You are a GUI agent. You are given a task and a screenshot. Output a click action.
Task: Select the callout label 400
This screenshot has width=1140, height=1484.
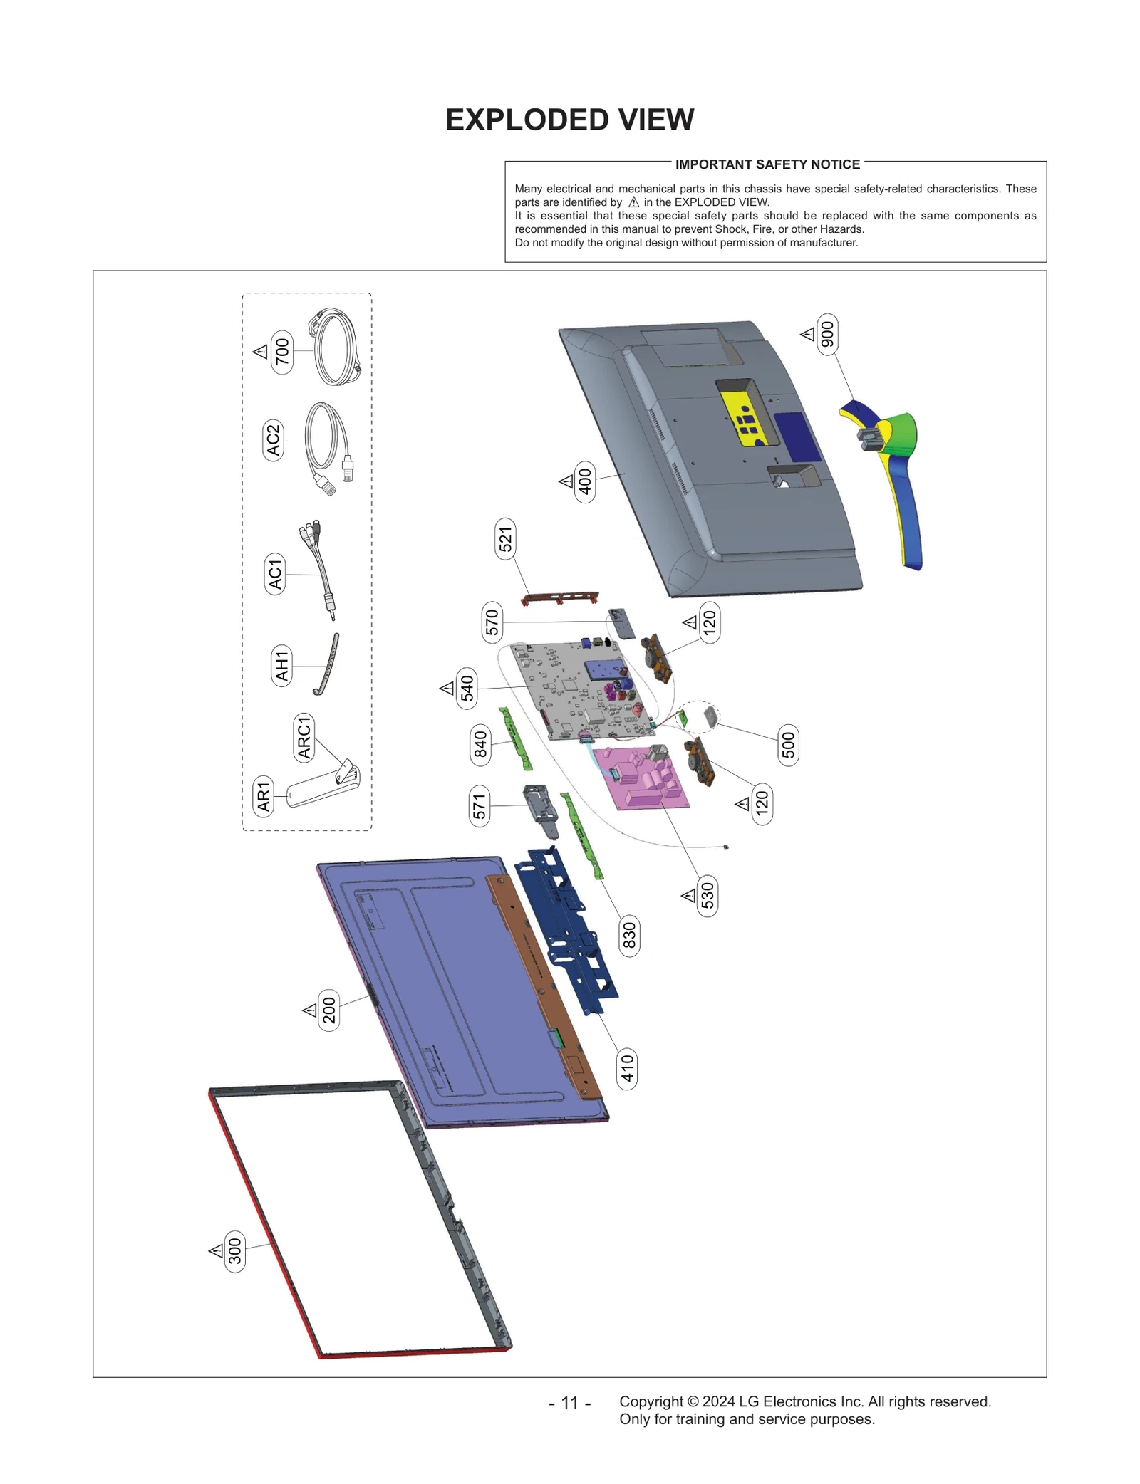585,481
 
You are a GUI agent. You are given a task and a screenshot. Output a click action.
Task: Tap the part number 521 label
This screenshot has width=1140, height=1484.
505,539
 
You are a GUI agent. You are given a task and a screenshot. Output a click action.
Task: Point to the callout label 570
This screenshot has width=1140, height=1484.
492,622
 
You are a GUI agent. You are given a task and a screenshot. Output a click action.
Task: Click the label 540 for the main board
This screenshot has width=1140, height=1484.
467,688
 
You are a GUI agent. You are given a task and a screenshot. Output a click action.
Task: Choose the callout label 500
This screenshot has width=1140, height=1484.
787,746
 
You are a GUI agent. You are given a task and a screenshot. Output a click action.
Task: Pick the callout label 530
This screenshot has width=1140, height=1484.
707,895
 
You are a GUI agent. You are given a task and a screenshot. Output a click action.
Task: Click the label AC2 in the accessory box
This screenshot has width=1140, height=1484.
273,440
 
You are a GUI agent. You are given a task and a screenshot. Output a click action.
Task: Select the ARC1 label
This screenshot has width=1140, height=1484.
304,738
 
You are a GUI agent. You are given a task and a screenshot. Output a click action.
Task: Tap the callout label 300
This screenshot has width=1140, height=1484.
234,1251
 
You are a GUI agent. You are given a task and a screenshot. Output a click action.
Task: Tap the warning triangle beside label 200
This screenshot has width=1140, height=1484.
310,1010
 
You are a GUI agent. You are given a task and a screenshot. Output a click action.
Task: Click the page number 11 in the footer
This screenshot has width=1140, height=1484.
569,1403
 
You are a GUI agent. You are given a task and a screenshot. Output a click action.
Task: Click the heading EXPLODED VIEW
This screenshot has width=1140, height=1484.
569,120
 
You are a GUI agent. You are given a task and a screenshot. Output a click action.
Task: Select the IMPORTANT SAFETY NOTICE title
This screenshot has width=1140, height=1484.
767,164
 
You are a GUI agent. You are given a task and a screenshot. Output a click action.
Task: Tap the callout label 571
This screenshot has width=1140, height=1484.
479,806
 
